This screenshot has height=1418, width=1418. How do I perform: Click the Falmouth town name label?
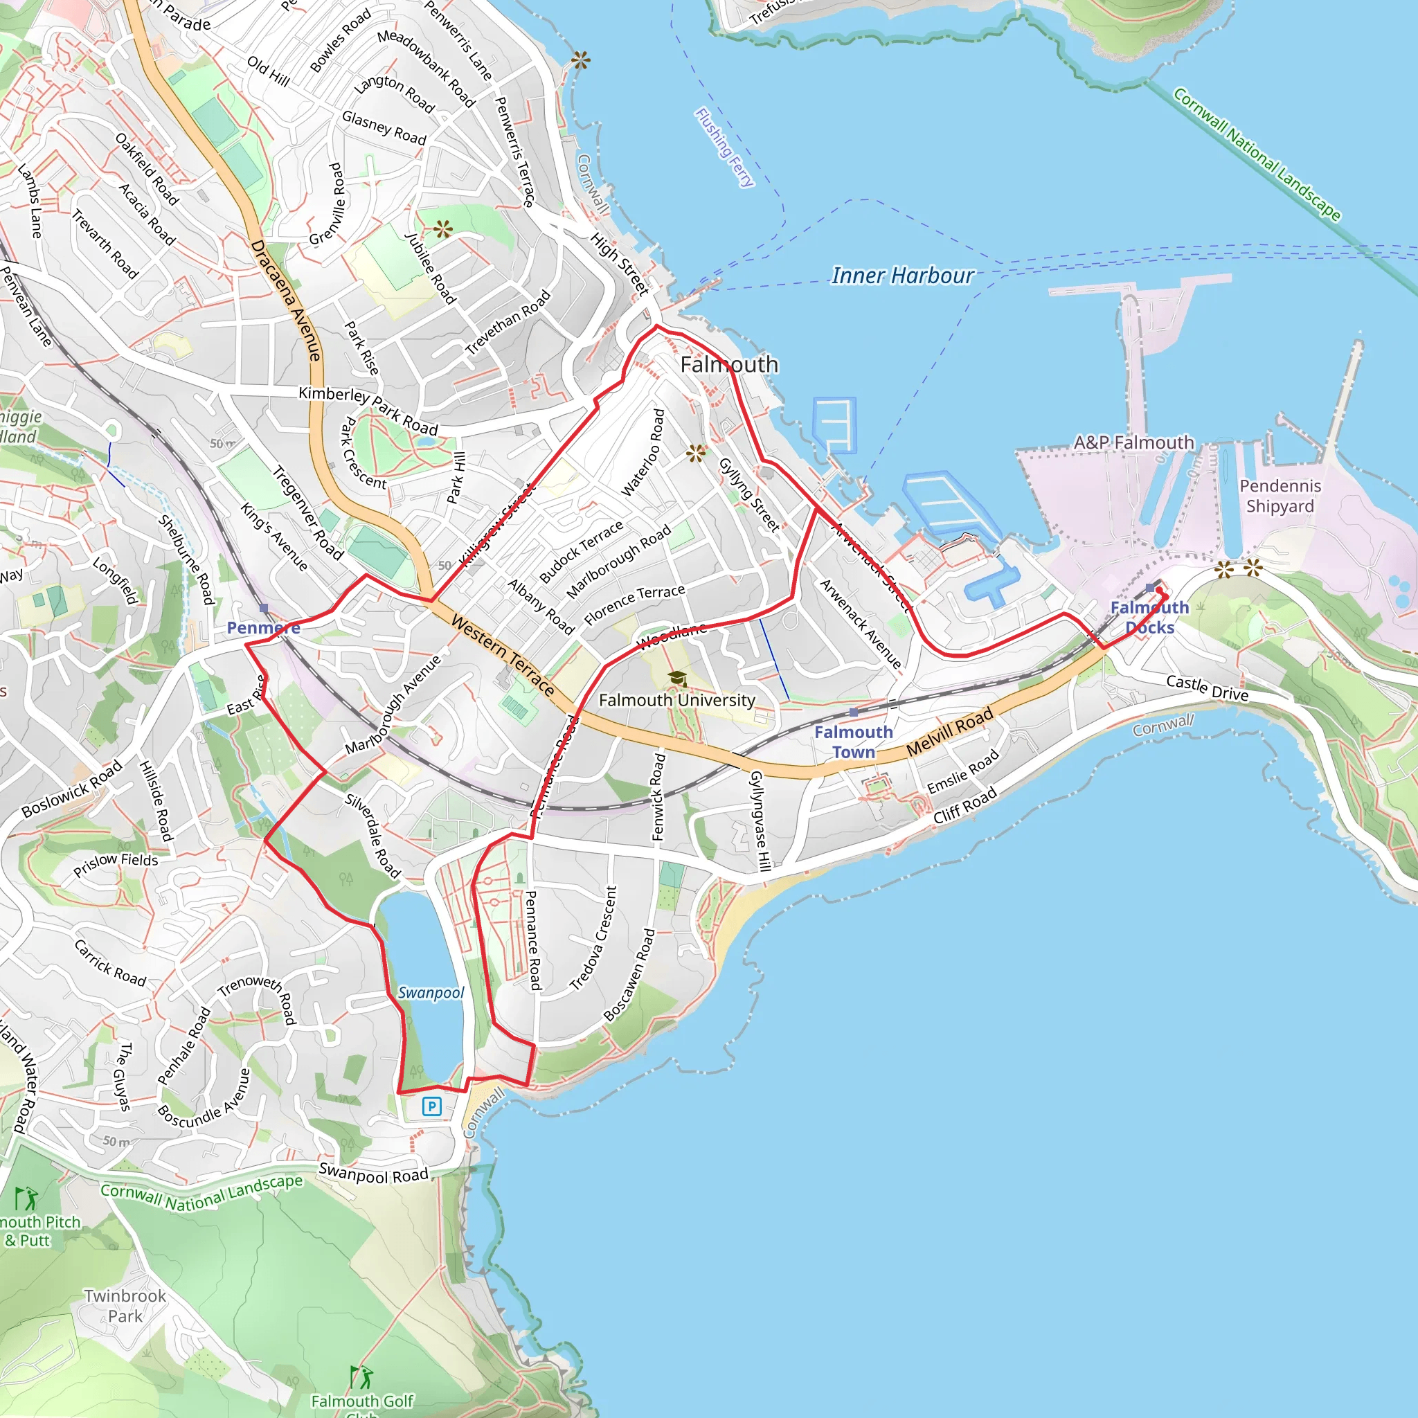(728, 364)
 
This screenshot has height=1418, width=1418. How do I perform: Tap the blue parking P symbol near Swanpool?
(431, 1106)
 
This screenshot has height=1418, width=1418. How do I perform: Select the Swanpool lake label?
(431, 992)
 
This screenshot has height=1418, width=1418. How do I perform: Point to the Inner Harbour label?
(902, 276)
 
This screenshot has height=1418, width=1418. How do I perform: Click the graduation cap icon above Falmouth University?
(676, 678)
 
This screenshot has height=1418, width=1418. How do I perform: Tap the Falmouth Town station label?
(853, 742)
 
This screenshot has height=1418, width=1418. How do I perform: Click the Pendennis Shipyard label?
(1280, 496)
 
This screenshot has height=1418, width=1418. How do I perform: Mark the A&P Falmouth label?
(1133, 442)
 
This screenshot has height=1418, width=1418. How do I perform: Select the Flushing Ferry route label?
(724, 147)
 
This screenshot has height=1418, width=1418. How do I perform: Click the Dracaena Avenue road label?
(285, 301)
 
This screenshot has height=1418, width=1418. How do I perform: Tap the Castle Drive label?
(1207, 688)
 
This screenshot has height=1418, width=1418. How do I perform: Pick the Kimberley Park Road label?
(368, 411)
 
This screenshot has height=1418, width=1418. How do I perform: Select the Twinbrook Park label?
(125, 1306)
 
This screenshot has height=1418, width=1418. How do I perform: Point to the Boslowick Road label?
(71, 789)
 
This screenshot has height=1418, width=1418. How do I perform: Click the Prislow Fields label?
(115, 864)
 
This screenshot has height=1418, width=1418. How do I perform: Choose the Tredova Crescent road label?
(593, 939)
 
